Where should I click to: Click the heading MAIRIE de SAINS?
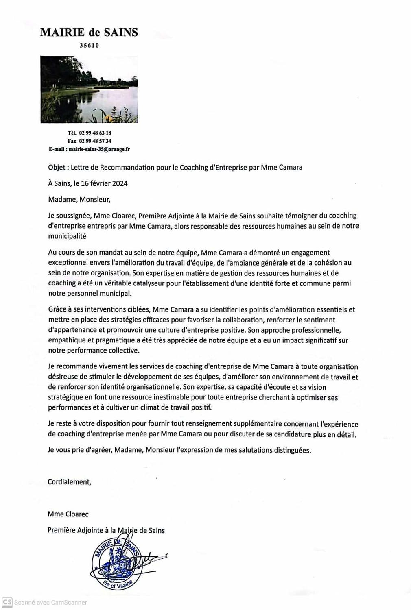(89, 33)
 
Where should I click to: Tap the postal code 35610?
(89, 46)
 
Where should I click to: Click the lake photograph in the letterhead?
(89, 89)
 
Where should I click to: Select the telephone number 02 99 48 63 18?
(95, 133)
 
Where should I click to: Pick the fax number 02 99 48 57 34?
(95, 141)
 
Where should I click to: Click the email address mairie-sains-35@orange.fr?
(99, 149)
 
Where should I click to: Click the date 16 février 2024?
(104, 183)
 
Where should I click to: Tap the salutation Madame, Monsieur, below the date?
(79, 200)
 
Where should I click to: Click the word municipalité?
(67, 236)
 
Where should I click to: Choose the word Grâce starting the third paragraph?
(57, 310)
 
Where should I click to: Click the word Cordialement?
(69, 482)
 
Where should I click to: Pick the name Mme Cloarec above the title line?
(68, 514)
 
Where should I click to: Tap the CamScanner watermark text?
(50, 602)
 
